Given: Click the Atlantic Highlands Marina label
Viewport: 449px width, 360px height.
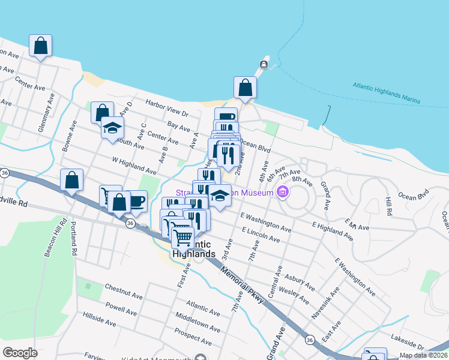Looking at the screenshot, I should point(386,92).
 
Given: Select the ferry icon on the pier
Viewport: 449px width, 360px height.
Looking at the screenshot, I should point(263,64).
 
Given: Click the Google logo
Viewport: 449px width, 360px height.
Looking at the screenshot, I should point(20,353).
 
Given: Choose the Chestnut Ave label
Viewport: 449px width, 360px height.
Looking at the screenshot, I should point(124,292).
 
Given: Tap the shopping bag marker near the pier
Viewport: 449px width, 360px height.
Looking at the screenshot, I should point(245,87).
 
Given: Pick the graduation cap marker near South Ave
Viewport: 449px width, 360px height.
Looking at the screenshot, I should point(112,128).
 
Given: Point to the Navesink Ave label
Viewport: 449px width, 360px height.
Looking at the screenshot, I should point(325,302).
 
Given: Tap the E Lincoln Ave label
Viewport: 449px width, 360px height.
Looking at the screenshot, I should point(261,235).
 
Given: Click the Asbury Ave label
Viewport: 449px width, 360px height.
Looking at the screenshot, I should point(300,280).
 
